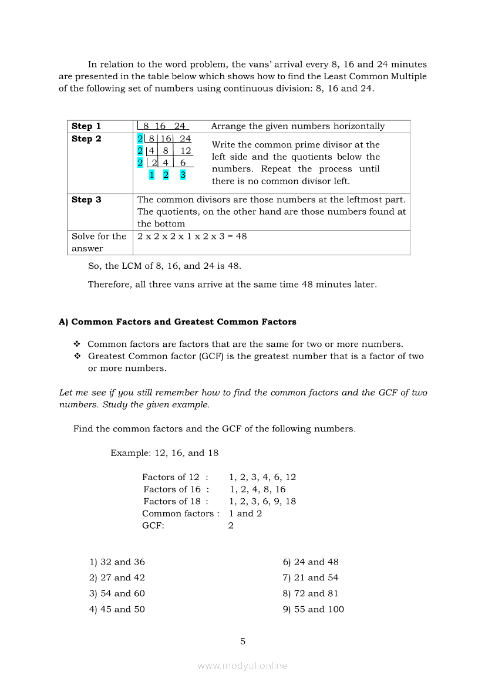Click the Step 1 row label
86,126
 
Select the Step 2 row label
86,139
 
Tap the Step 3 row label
86,200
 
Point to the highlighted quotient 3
183,175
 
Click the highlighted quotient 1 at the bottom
151,175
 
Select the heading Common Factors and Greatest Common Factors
177,322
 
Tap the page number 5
242,641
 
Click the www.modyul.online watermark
242,665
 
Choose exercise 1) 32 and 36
117,562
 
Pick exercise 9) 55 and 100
313,609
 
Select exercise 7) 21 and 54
310,577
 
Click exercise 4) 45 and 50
117,609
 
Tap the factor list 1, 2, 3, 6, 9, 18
262,501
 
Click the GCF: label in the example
153,525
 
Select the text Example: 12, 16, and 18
164,452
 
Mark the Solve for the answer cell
99,242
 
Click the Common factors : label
181,513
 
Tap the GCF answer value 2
231,525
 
